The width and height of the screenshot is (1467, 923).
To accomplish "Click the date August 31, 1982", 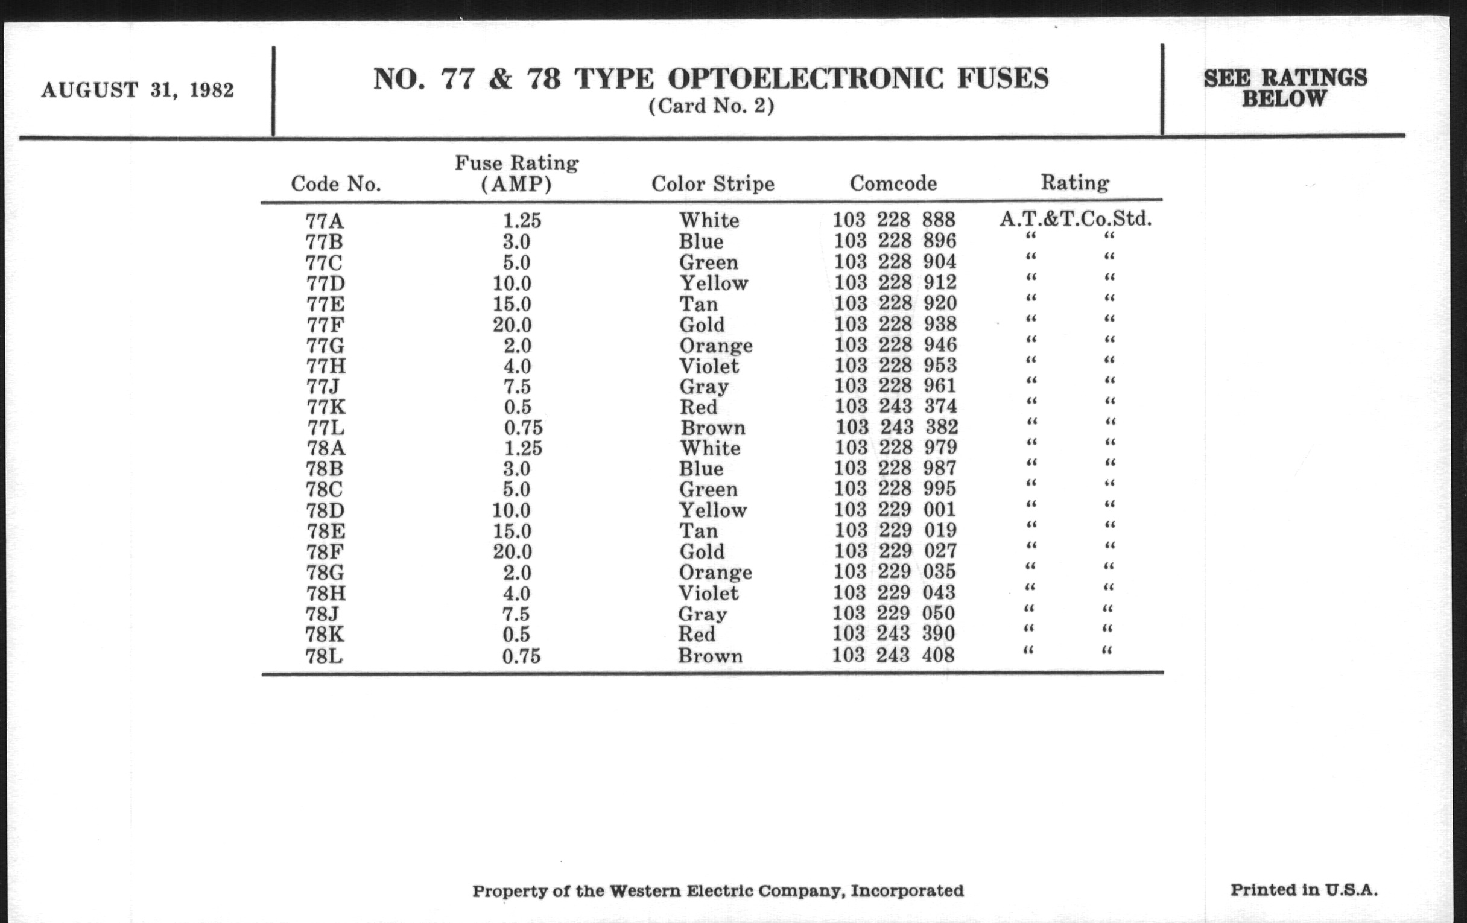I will tap(138, 90).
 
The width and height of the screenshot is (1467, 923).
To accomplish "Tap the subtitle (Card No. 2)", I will tap(711, 106).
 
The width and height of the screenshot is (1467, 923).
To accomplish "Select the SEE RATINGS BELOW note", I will tap(1285, 88).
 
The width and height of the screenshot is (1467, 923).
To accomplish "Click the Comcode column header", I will tap(893, 183).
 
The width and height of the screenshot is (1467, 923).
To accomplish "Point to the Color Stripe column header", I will tap(713, 184).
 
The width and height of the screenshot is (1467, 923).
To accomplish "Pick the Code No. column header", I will tap(335, 184).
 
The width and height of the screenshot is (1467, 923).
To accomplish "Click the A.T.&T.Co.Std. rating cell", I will tap(1076, 219).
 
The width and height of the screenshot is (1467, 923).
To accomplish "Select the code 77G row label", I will tap(325, 346).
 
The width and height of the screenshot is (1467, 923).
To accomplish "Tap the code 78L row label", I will tap(323, 656).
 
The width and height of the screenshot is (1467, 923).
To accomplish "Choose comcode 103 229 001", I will tap(895, 509).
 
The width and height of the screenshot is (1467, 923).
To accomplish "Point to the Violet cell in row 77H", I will tap(709, 366).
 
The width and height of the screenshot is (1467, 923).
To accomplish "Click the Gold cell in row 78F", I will tap(702, 551).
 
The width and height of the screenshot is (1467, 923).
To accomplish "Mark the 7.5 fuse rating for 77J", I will tap(516, 386).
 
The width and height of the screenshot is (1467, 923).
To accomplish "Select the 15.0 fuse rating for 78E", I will tap(512, 531).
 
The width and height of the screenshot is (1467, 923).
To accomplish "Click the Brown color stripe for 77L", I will tap(713, 428).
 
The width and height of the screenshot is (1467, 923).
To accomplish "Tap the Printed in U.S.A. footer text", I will tap(1304, 890).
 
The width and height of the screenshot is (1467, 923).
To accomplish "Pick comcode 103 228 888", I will tap(894, 220).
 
